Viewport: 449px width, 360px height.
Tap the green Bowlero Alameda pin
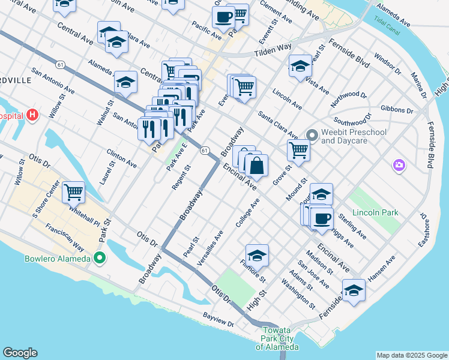coord(100,259)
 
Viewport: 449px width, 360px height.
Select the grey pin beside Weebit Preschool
coord(312,134)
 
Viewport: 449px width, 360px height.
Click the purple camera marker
coord(399,164)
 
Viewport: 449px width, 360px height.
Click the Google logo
coord(20,353)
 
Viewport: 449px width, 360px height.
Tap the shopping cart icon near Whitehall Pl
coord(73,193)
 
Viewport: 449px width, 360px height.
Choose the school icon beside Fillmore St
coord(257,256)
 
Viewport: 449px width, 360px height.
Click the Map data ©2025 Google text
coord(412,355)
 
